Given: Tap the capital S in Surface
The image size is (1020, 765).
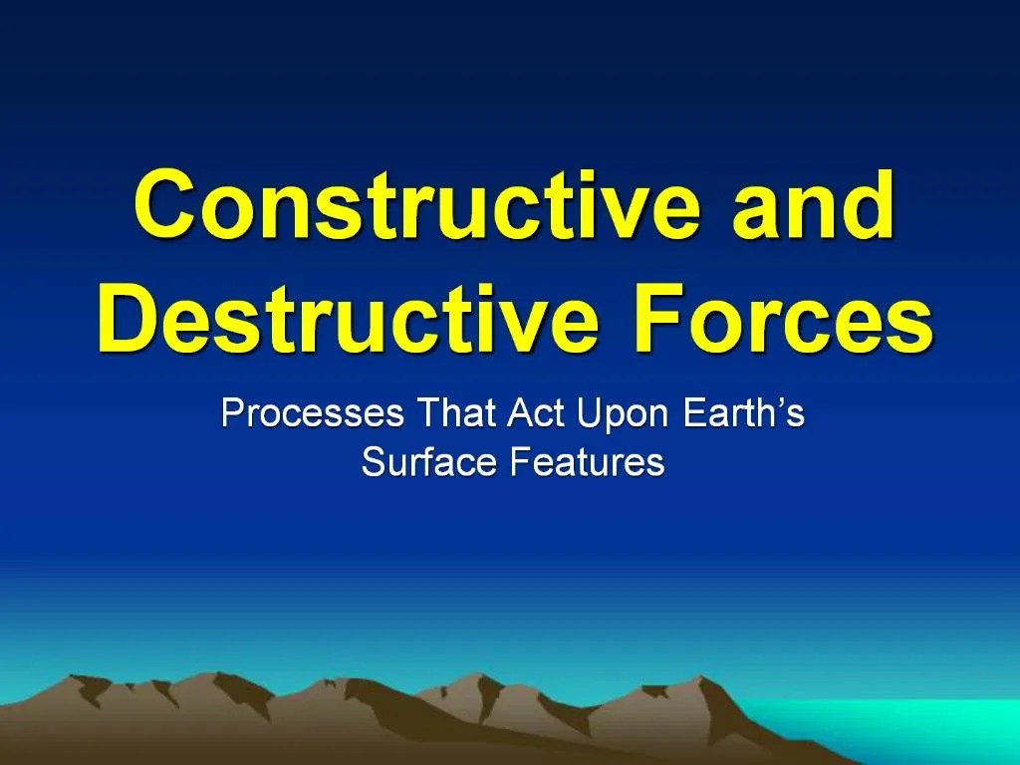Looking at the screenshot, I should [x=374, y=462].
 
